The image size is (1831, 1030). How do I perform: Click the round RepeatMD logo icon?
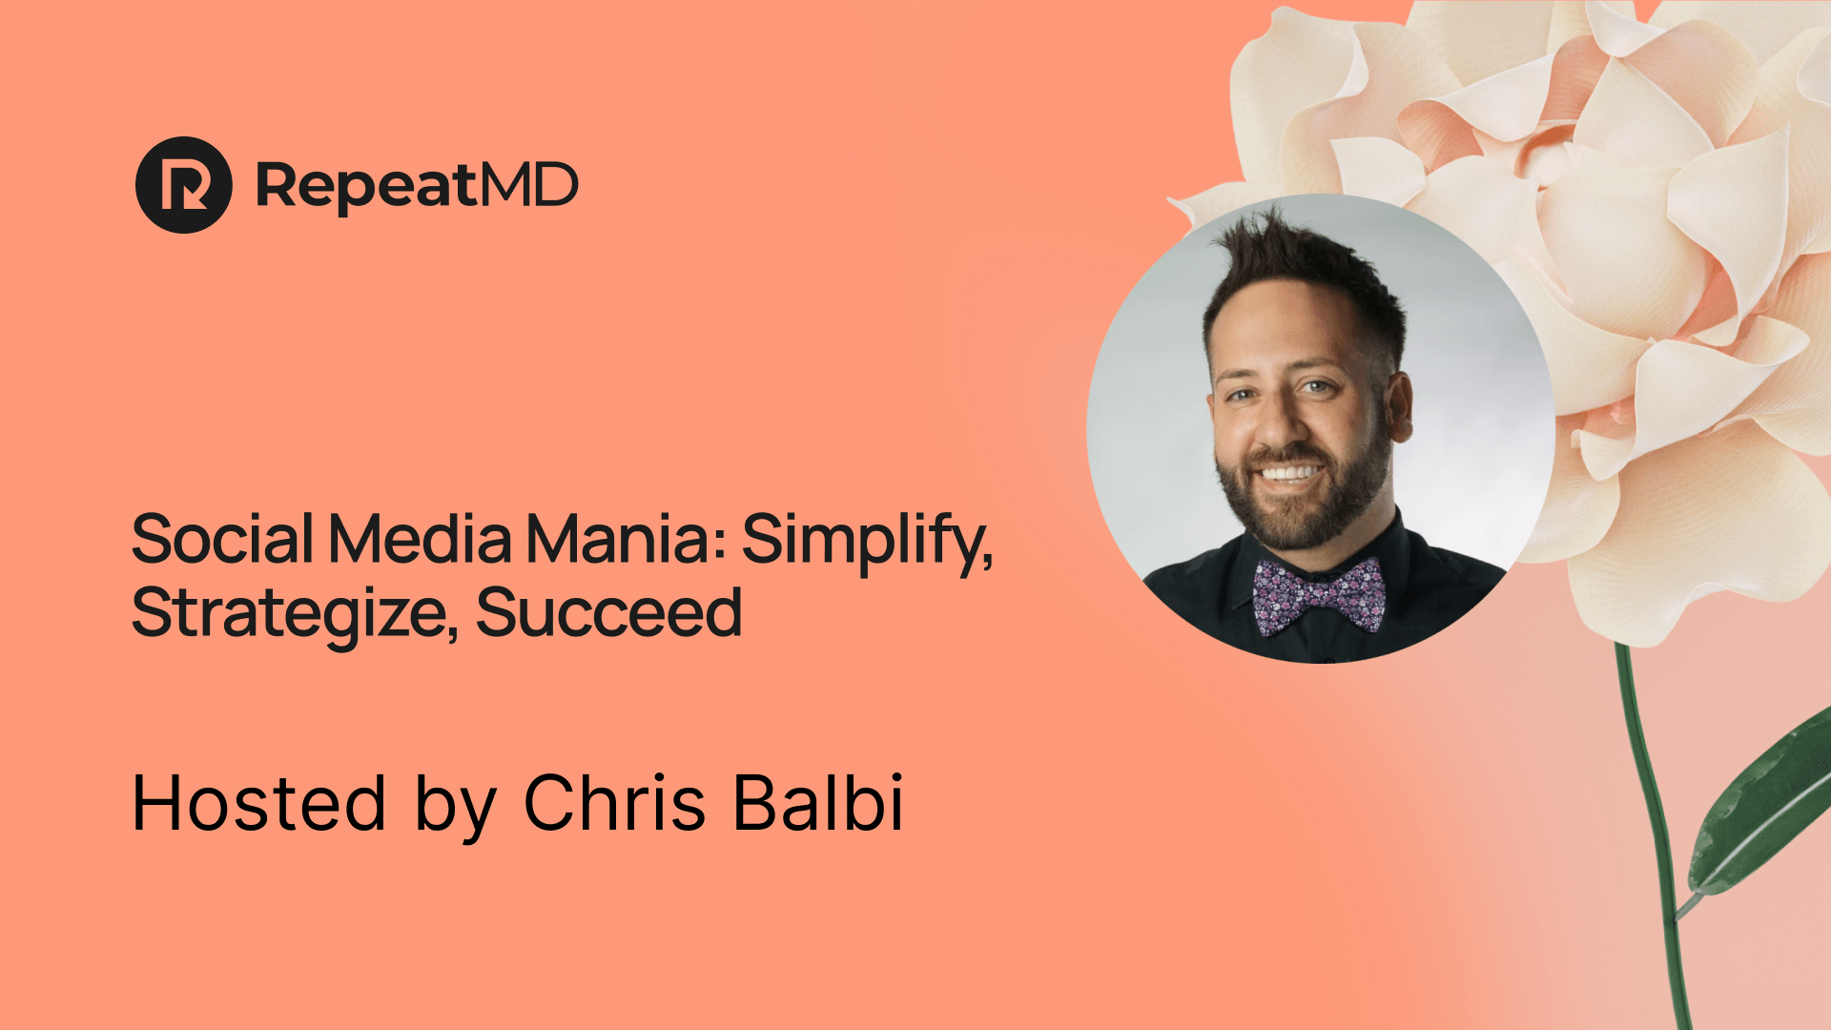[x=184, y=185]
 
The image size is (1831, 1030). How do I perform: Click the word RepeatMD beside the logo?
[x=418, y=186]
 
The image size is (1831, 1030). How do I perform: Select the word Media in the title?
[x=421, y=539]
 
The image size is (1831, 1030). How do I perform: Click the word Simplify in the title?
[x=868, y=543]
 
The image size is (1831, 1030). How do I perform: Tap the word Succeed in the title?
[x=609, y=612]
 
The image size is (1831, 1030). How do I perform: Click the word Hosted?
[x=258, y=803]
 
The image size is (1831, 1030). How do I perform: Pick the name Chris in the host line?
[x=615, y=802]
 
